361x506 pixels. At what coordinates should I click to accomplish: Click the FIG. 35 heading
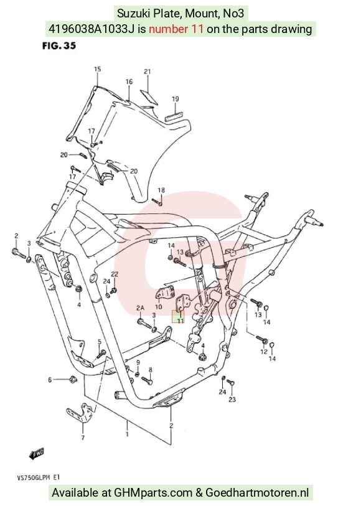pyautogui.click(x=59, y=46)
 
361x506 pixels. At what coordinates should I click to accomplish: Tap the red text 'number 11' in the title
pyautogui.click(x=176, y=29)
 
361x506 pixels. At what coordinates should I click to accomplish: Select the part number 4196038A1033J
pyautogui.click(x=91, y=29)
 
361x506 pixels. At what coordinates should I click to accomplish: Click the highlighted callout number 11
pyautogui.click(x=180, y=320)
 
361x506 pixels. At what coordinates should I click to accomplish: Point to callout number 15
pyautogui.click(x=98, y=69)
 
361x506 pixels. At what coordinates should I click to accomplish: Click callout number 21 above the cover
pyautogui.click(x=147, y=72)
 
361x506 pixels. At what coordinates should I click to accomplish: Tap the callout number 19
pyautogui.click(x=175, y=99)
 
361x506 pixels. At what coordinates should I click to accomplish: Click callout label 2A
pyautogui.click(x=140, y=308)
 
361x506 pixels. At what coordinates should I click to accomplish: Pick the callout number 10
pyautogui.click(x=158, y=307)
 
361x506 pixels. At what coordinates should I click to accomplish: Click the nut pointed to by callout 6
pyautogui.click(x=72, y=379)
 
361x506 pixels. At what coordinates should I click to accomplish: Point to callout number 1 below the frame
pyautogui.click(x=127, y=434)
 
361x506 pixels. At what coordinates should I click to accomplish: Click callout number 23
pyautogui.click(x=232, y=400)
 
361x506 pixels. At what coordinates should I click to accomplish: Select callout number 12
pyautogui.click(x=264, y=352)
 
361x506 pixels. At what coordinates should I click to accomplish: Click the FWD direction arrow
pyautogui.click(x=37, y=454)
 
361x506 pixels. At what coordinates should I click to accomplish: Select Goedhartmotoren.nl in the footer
pyautogui.click(x=257, y=493)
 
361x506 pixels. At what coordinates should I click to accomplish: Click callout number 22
pyautogui.click(x=115, y=274)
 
